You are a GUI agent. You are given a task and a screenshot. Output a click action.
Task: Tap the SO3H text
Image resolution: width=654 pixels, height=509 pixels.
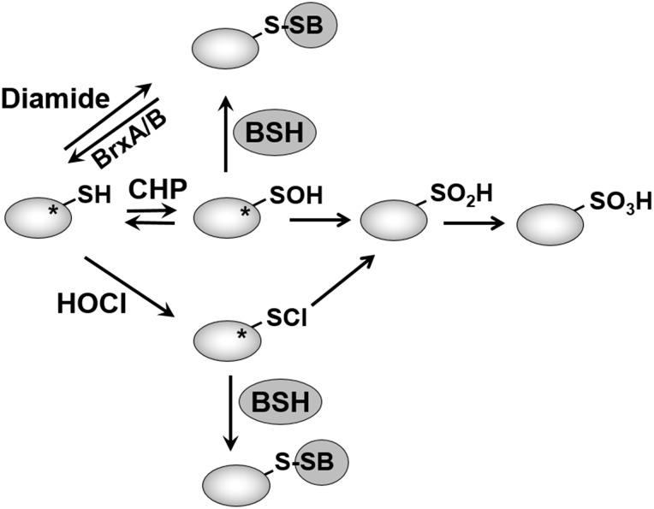point(621,201)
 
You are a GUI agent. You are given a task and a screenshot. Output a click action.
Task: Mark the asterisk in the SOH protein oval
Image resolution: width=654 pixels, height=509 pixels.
point(246,212)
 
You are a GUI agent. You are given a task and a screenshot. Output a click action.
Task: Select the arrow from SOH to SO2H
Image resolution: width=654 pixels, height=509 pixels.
point(320,221)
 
